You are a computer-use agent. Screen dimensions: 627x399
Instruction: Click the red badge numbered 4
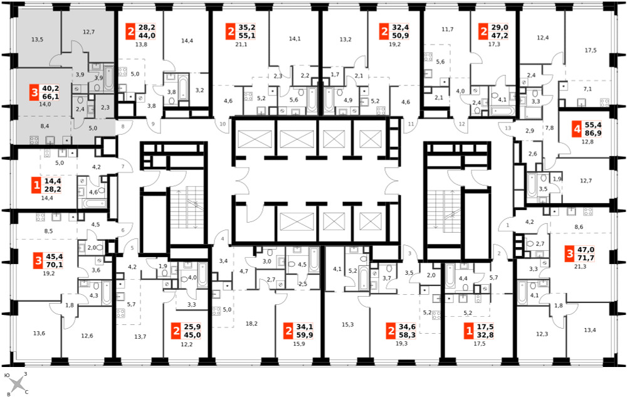coord(576,129)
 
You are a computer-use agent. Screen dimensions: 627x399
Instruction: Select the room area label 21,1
coord(241,45)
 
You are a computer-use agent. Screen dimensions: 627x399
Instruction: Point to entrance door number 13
coord(508,128)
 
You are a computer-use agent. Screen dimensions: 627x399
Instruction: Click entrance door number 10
coord(223,124)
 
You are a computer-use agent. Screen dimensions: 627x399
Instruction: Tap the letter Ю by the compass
coord(7,376)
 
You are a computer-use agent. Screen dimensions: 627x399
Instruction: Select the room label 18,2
coord(251,323)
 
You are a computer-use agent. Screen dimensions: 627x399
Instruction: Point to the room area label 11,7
coord(448,29)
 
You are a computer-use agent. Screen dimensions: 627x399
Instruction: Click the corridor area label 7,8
coord(549,128)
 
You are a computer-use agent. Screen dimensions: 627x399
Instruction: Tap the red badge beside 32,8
coord(469,331)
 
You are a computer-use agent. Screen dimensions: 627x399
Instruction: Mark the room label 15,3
coord(347,324)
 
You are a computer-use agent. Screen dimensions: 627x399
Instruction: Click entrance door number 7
coord(123,166)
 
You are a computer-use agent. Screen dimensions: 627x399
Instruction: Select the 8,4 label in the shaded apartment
coord(45,126)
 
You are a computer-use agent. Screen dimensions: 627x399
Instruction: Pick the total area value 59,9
coord(304,335)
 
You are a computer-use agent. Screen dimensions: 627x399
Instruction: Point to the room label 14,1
coord(295,39)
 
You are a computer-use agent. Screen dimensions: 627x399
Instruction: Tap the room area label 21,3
coord(580,266)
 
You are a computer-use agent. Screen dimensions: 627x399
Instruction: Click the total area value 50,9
coord(400,35)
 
